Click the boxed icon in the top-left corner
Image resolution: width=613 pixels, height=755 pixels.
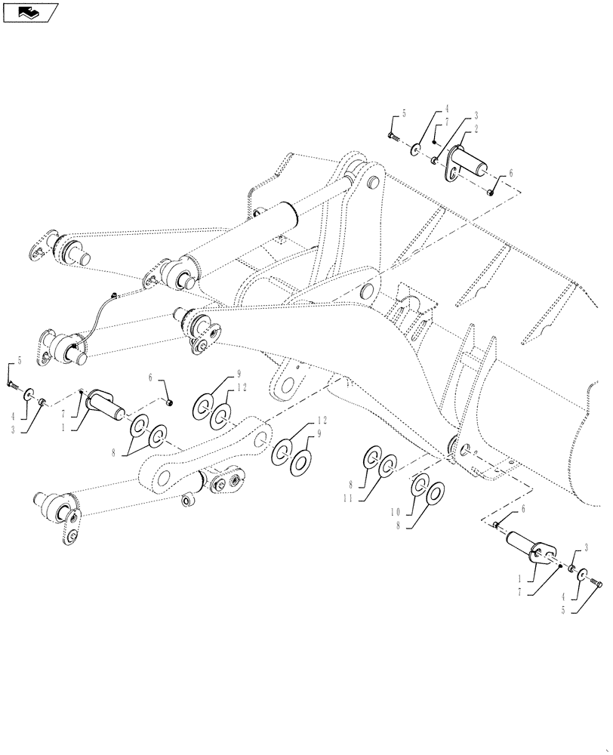click(30, 12)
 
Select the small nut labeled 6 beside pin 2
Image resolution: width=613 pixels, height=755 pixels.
click(491, 193)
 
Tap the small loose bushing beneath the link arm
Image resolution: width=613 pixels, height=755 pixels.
click(186, 499)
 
